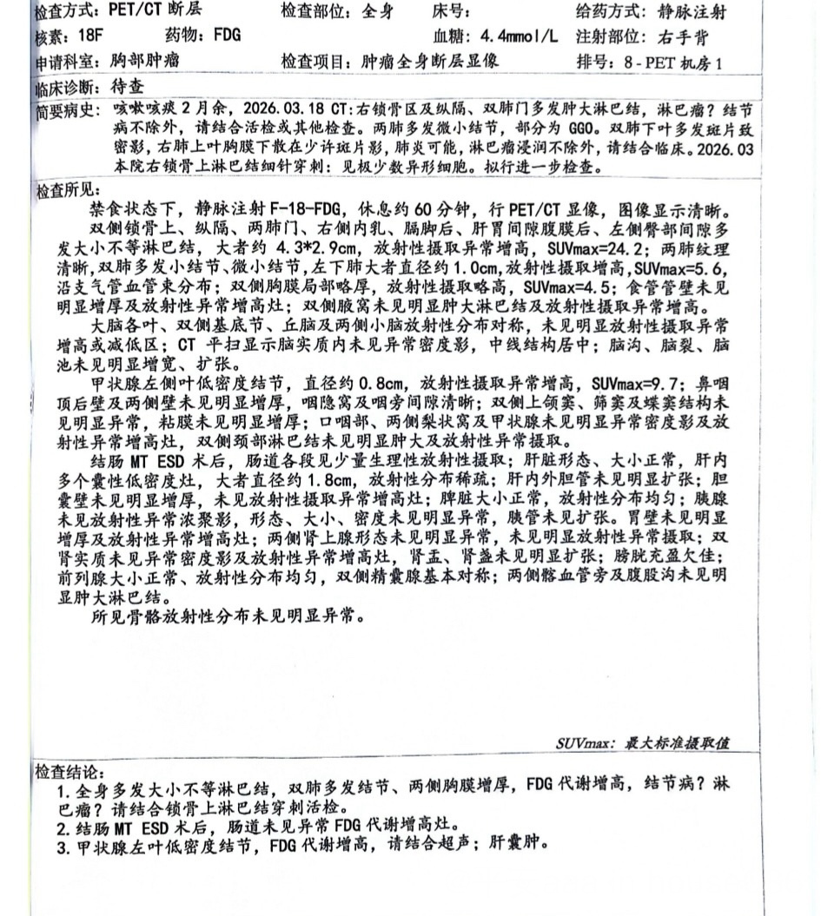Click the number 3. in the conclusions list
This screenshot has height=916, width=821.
coord(63,844)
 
